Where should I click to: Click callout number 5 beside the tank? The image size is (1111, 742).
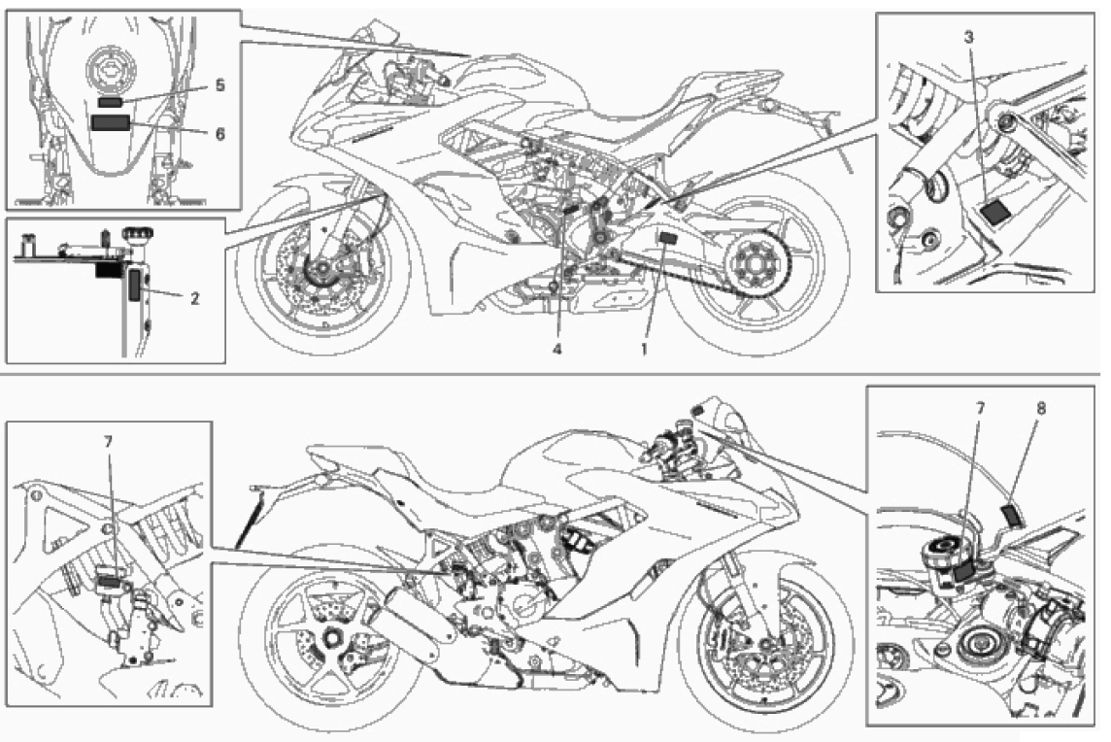tap(219, 85)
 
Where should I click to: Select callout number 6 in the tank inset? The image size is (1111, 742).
tap(219, 133)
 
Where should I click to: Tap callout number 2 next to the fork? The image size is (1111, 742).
tap(195, 298)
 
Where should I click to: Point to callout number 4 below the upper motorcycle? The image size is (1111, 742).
tap(557, 350)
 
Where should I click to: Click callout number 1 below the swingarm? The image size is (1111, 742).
tap(644, 350)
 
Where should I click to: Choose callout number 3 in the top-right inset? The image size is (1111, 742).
tap(968, 38)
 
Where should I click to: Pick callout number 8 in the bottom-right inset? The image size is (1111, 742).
tap(1041, 408)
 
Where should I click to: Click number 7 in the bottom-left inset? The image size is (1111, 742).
tap(108, 442)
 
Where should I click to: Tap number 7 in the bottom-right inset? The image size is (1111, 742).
tap(980, 408)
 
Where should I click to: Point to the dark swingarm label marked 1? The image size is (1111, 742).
tap(666, 238)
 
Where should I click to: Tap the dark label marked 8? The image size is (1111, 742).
tap(1011, 515)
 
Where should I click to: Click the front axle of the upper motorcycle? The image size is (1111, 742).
tap(321, 271)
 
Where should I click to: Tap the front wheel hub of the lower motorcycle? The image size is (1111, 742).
tap(766, 645)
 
